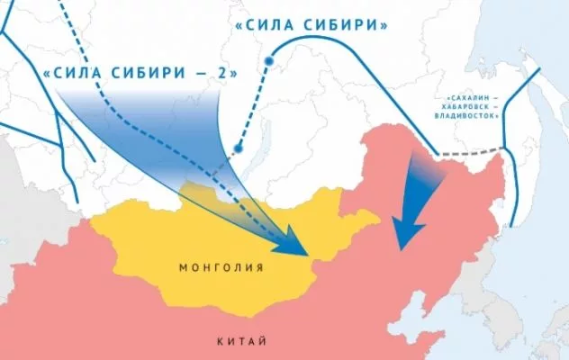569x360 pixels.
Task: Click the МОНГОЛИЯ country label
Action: tap(221, 267)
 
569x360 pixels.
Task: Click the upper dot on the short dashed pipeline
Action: tap(268, 61)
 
